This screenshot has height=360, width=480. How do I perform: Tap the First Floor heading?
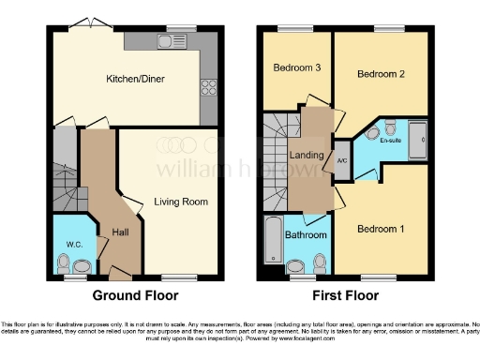tap(343, 295)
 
